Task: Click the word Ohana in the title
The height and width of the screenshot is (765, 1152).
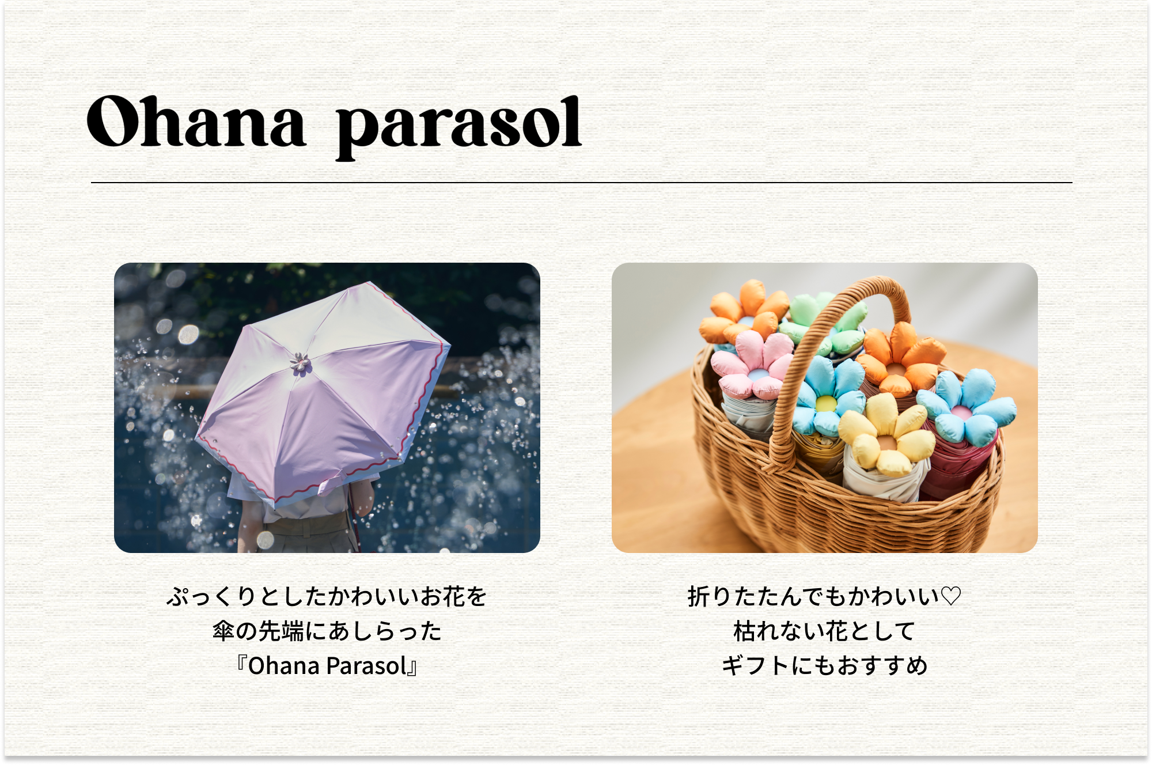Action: pos(196,122)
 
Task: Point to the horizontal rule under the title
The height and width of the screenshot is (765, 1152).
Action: pos(582,183)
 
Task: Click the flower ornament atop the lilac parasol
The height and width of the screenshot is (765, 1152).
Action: pos(300,364)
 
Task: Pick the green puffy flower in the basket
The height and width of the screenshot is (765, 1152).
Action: pos(827,323)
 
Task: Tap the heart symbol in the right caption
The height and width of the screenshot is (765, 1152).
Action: pos(950,596)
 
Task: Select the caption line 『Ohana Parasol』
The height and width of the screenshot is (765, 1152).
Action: pos(327,666)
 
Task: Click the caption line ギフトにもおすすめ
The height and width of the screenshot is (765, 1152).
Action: pos(824,666)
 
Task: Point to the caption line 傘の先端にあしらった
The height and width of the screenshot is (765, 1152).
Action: pos(327,631)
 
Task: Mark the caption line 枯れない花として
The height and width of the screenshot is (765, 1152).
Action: pos(824,631)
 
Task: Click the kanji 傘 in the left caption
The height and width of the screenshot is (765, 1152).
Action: pos(223,631)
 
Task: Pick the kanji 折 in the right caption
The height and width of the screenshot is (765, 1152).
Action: pos(699,597)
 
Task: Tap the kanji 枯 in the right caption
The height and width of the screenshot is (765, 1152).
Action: pos(745,631)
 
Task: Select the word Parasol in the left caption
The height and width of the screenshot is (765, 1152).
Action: pos(367,666)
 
